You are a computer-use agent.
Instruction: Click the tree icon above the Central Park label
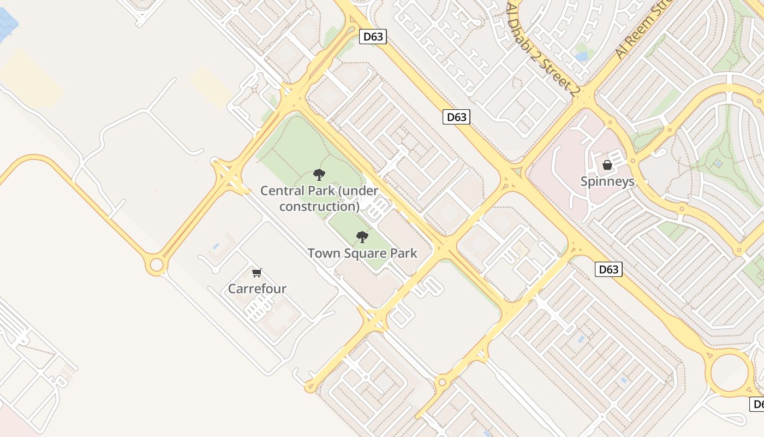(319, 175)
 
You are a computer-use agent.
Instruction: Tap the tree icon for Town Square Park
(362, 237)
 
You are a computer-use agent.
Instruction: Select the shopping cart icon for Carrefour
(257, 273)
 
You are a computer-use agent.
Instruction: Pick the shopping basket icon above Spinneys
(607, 164)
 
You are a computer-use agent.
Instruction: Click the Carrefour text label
(257, 288)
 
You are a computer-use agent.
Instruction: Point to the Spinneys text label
(607, 181)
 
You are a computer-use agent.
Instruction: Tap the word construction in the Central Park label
(319, 206)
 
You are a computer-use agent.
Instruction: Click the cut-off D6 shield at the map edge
(757, 404)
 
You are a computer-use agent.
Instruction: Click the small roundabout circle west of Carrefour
(157, 265)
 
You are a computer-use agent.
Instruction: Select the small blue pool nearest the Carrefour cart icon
(216, 247)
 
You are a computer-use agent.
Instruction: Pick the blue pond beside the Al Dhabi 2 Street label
(582, 56)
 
